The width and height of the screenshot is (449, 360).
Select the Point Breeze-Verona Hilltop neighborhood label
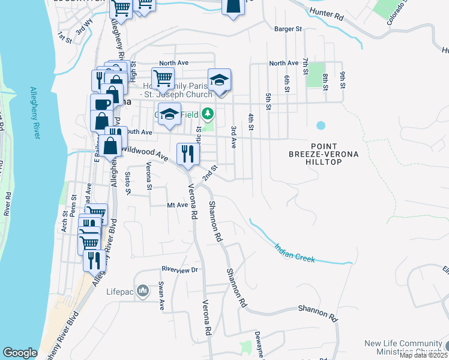335,154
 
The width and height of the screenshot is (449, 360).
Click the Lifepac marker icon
143,292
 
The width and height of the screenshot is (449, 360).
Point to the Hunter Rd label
327,16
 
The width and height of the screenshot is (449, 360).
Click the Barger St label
287,28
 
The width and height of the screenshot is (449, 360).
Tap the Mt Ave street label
178,205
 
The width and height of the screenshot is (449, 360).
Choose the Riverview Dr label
179,270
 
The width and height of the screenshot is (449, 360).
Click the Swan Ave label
161,296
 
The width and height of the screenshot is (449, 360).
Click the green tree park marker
207,113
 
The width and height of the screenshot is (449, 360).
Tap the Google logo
20,353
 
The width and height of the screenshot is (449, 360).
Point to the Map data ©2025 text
423,355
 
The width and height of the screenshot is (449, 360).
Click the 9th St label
343,80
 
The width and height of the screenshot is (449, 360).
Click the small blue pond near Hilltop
321,126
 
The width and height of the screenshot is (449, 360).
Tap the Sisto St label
127,184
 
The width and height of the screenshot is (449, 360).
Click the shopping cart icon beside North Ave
163,77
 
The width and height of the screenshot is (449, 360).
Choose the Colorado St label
397,20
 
